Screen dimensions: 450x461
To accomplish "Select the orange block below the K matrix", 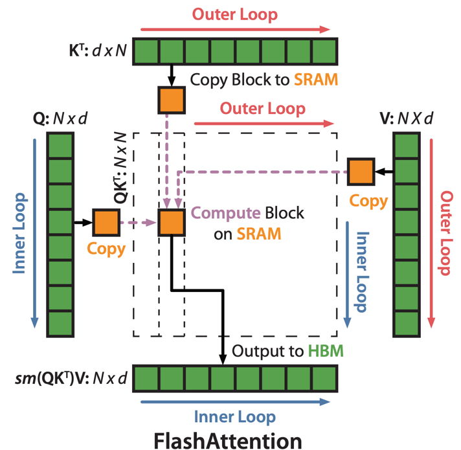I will tap(172, 99).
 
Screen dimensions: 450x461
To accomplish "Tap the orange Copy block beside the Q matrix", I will tap(106, 222).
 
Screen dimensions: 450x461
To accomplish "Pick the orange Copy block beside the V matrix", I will tap(361, 171).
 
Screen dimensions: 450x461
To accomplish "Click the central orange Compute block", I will tap(172, 222).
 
